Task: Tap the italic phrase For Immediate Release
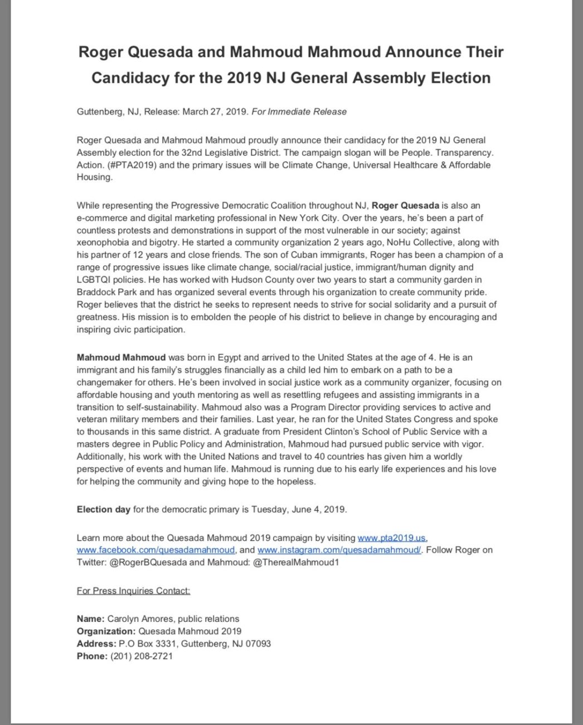(299, 112)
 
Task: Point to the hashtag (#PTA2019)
(126, 165)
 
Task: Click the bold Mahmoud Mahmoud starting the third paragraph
(121, 357)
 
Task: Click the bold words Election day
(103, 509)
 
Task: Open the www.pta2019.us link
(392, 538)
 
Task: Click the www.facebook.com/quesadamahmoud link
(156, 550)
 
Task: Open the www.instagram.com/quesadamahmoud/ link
(339, 550)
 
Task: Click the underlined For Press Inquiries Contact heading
(133, 591)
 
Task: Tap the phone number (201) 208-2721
(141, 656)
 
